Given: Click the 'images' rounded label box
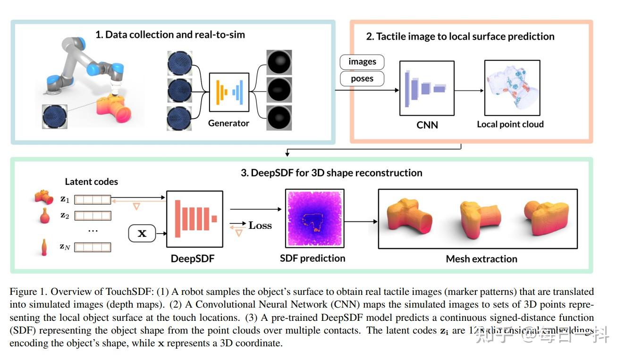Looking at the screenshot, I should pyautogui.click(x=362, y=62).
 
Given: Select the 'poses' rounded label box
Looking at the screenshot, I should pyautogui.click(x=362, y=79).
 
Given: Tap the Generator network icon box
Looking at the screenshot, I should pyautogui.click(x=229, y=90).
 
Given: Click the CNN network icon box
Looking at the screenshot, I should pyautogui.click(x=427, y=88).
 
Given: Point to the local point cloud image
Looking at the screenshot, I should pyautogui.click(x=512, y=88).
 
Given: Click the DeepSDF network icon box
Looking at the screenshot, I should pyautogui.click(x=194, y=219).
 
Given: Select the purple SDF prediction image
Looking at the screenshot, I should pyautogui.click(x=315, y=218).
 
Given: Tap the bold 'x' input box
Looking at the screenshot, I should pyautogui.click(x=142, y=234).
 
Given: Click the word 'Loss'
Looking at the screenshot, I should pyautogui.click(x=260, y=226).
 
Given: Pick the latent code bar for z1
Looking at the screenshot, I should pyautogui.click(x=93, y=200).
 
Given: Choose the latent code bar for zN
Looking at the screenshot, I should pyautogui.click(x=93, y=247).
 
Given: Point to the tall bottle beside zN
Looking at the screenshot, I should pyautogui.click(x=44, y=247).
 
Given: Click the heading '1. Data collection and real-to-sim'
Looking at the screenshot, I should pyautogui.click(x=170, y=34).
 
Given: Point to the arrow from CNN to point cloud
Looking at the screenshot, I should pyautogui.click(x=469, y=90).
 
